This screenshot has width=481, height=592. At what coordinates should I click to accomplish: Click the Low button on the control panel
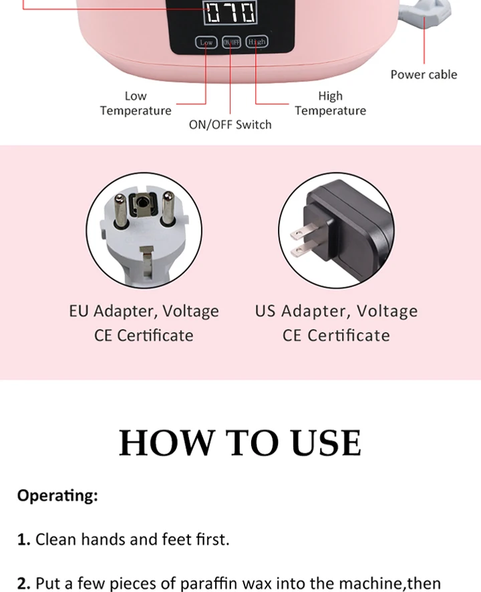[x=206, y=42]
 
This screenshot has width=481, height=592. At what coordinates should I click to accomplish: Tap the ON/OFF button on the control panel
[x=231, y=42]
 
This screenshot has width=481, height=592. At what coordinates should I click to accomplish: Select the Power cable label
[x=424, y=74]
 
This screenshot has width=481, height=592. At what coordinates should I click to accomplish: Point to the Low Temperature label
[x=136, y=104]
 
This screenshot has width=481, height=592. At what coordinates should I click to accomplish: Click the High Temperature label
[x=330, y=104]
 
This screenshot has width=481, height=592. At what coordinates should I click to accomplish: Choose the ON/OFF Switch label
[x=230, y=124]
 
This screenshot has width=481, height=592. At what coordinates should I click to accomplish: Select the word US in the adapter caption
[x=265, y=311]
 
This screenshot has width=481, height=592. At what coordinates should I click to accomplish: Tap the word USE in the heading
[x=326, y=442]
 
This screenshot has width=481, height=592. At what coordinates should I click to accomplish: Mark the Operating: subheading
[x=57, y=496]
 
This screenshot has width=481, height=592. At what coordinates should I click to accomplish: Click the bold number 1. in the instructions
[x=24, y=539]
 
